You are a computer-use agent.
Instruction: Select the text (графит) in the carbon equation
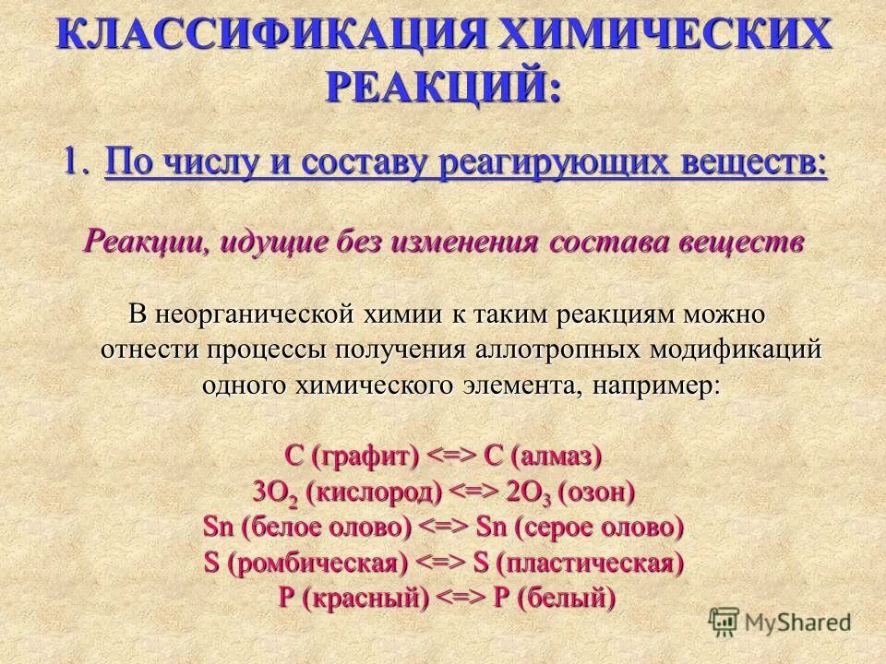point(365,456)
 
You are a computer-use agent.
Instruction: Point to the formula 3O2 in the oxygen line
point(272,492)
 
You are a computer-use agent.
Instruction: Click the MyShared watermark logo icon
point(724,622)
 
